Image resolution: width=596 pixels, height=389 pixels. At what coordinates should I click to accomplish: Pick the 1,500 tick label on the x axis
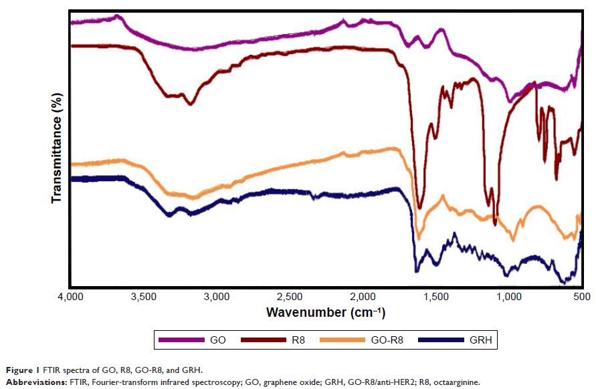pos(435,296)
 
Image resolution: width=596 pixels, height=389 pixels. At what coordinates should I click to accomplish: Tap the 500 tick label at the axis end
pos(582,296)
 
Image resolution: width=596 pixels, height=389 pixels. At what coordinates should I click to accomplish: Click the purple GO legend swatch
pos(181,340)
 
